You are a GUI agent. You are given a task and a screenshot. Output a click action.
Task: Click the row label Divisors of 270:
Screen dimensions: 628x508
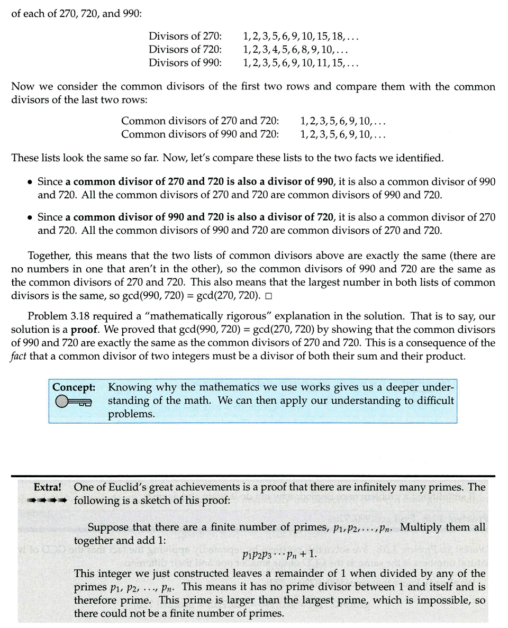(185, 37)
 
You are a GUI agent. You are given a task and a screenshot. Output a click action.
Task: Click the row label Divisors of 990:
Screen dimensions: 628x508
(185, 63)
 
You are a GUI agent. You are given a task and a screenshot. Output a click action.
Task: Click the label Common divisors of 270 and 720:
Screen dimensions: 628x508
(199, 121)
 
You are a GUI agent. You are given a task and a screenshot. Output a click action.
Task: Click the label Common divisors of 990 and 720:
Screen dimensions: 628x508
(199, 134)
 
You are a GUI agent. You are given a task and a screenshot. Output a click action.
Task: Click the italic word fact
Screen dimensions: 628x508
(19, 356)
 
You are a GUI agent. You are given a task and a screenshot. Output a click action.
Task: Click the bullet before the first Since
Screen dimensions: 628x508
(30, 182)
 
